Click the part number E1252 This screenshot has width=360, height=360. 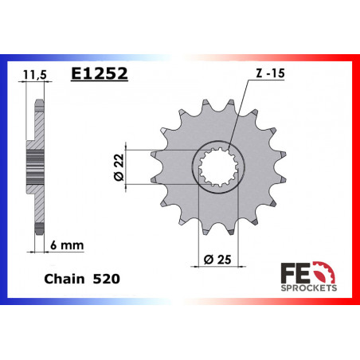(x=100, y=74)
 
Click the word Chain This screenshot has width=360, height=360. (x=59, y=281)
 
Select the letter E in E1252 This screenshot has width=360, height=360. (x=76, y=74)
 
